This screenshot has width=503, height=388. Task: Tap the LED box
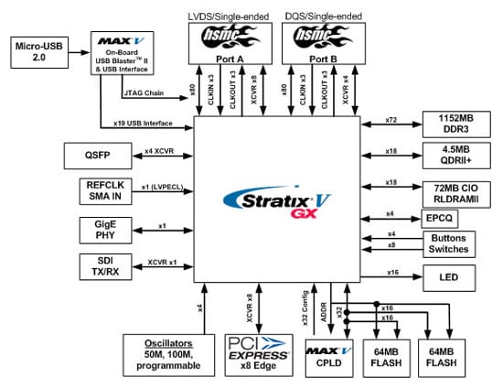tap(447, 275)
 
